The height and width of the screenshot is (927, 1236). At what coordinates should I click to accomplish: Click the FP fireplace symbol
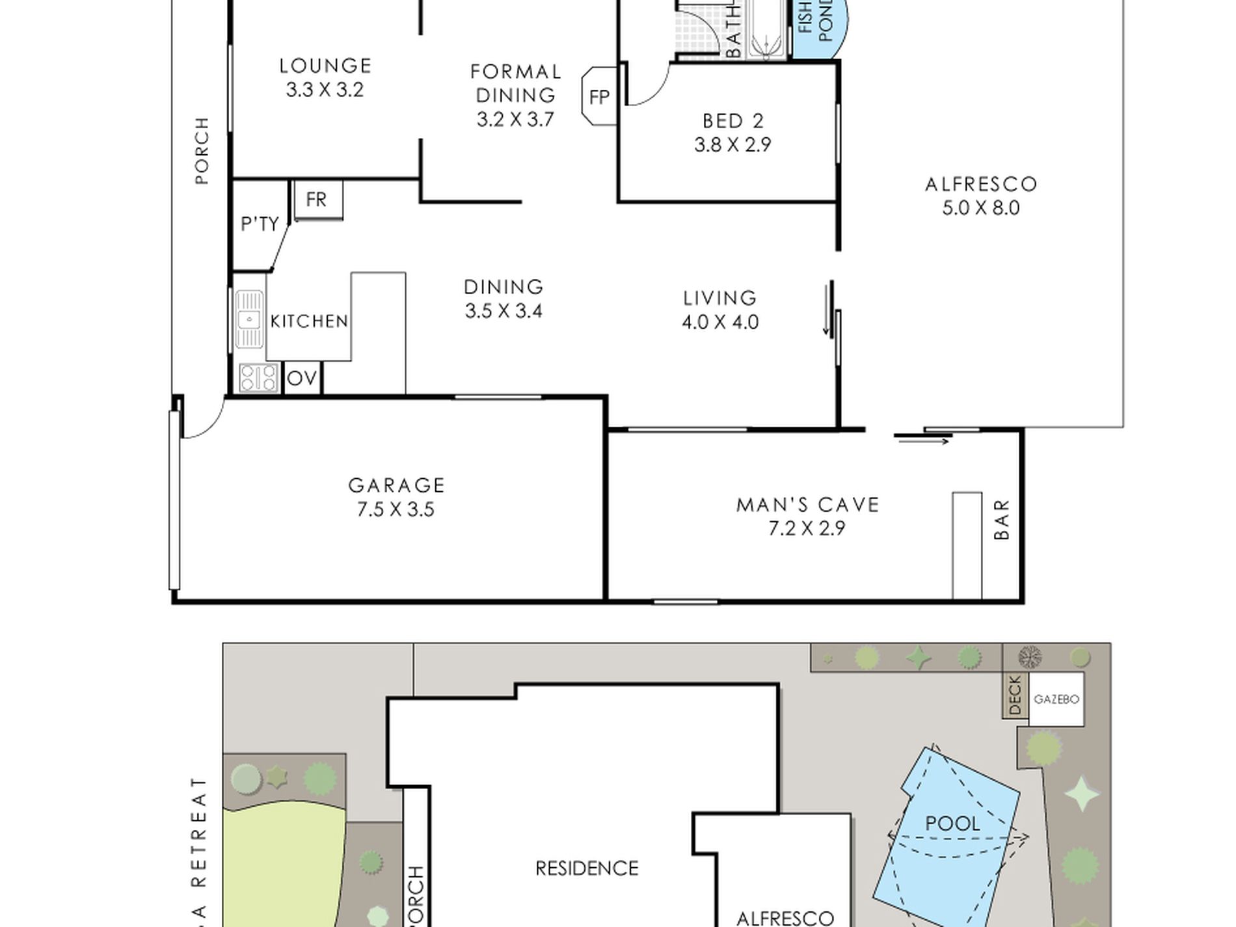[x=599, y=96]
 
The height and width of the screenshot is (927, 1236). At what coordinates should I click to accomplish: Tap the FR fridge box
[x=317, y=200]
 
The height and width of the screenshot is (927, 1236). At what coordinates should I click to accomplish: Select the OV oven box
[x=302, y=379]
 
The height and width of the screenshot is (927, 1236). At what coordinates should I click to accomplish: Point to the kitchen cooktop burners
[x=259, y=378]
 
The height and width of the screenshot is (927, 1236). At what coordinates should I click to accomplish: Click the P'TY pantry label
[x=260, y=224]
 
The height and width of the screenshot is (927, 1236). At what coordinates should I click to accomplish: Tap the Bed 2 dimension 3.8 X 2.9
[x=732, y=144]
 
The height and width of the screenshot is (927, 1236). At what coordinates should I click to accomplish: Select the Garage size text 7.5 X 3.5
[x=396, y=509]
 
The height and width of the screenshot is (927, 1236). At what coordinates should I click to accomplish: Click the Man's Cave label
[x=808, y=505]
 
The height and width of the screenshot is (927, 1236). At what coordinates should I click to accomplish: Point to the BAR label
[x=1002, y=519]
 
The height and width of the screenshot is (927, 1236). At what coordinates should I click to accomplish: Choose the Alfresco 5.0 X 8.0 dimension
[x=981, y=208]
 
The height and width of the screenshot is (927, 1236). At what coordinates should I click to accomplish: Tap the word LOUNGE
[x=325, y=66]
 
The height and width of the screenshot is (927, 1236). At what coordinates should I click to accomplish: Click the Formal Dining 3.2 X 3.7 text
[x=515, y=120]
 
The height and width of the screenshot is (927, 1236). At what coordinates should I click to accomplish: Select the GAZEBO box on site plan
[x=1056, y=699]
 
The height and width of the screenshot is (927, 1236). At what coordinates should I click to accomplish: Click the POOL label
[x=952, y=824]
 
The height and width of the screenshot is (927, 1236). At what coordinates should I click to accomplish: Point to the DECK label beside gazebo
[x=1015, y=695]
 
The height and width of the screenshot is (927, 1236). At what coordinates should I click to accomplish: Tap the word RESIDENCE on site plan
[x=587, y=868]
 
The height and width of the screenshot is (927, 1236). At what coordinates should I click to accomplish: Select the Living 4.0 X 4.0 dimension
[x=720, y=322]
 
